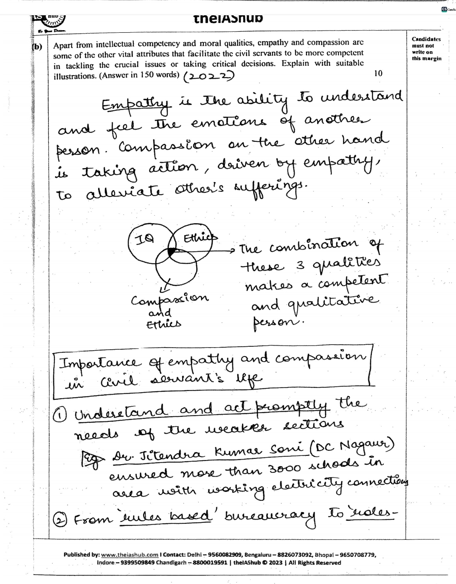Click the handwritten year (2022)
[208, 76]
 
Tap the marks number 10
[378, 73]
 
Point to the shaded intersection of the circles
[171, 252]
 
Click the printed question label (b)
[37, 47]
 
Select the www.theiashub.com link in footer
[129, 554]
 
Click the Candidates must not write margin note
[426, 48]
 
